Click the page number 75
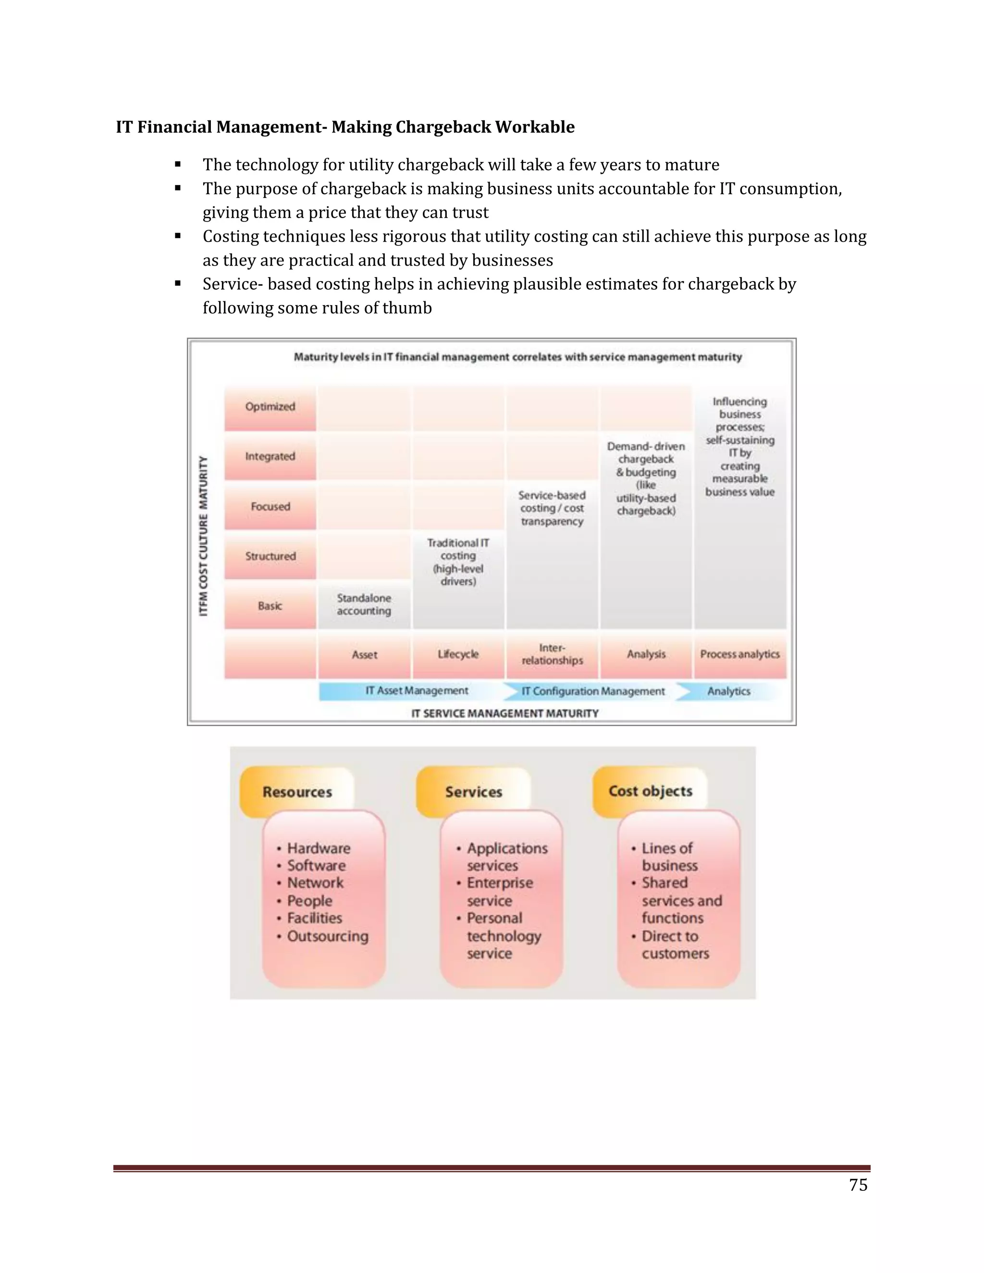(858, 1185)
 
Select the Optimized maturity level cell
(270, 407)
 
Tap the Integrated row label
(270, 456)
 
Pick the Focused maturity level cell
(270, 506)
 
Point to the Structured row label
(270, 556)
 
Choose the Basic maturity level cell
(270, 606)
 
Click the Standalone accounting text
(364, 604)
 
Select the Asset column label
(364, 655)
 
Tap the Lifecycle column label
(458, 655)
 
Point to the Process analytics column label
(740, 655)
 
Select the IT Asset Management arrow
(416, 691)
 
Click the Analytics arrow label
(729, 691)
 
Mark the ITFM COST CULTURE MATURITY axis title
(203, 536)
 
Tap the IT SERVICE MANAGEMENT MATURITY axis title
(505, 713)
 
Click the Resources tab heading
(297, 792)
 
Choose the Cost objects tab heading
(651, 792)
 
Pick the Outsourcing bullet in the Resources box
(328, 936)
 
